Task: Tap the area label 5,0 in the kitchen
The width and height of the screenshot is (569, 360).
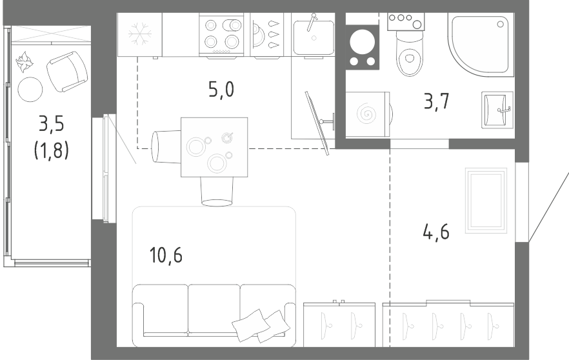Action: point(221,89)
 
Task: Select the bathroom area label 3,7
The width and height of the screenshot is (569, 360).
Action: point(437,101)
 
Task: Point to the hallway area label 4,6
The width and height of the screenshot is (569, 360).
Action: point(436,232)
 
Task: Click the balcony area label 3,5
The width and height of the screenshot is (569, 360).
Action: point(52,123)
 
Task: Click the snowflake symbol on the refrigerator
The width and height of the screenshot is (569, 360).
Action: point(140,34)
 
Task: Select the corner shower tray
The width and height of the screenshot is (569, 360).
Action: point(481,45)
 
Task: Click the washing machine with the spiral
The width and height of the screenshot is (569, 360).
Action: point(367,114)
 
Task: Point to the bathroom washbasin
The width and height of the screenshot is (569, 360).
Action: point(497,110)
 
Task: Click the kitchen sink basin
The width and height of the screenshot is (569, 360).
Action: point(314,37)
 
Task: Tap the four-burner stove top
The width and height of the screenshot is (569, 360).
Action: point(221,34)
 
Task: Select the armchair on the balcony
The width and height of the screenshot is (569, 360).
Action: point(67,72)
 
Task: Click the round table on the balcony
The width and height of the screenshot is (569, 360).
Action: point(30,89)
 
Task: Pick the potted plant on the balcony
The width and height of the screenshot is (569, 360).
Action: point(25,61)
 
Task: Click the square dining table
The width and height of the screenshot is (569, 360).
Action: point(214,147)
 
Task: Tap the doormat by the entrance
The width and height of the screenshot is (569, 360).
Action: point(486,200)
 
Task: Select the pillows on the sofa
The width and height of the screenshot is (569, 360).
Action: point(261,326)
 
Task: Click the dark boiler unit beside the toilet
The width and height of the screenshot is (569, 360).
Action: point(362,47)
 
